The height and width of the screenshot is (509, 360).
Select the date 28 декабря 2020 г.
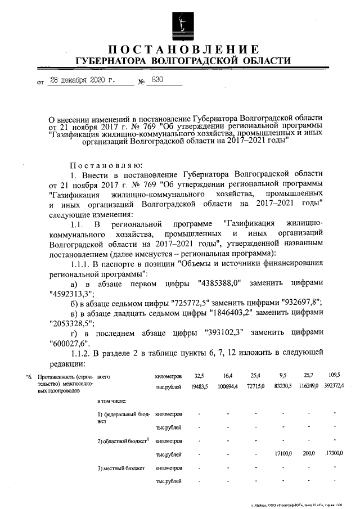pyautogui.click(x=82, y=80)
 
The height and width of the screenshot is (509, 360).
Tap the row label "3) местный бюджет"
pyautogui.click(x=121, y=468)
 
